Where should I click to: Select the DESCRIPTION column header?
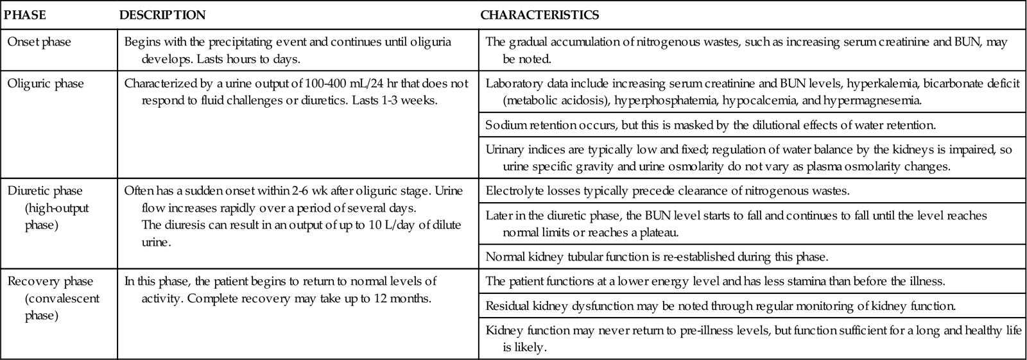pos(162,15)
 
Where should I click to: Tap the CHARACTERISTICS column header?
pos(540,15)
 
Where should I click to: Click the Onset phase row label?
pos(39,42)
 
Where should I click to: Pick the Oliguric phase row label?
pos(46,84)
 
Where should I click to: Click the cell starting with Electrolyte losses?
pos(667,191)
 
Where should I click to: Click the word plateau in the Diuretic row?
pos(659,232)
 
